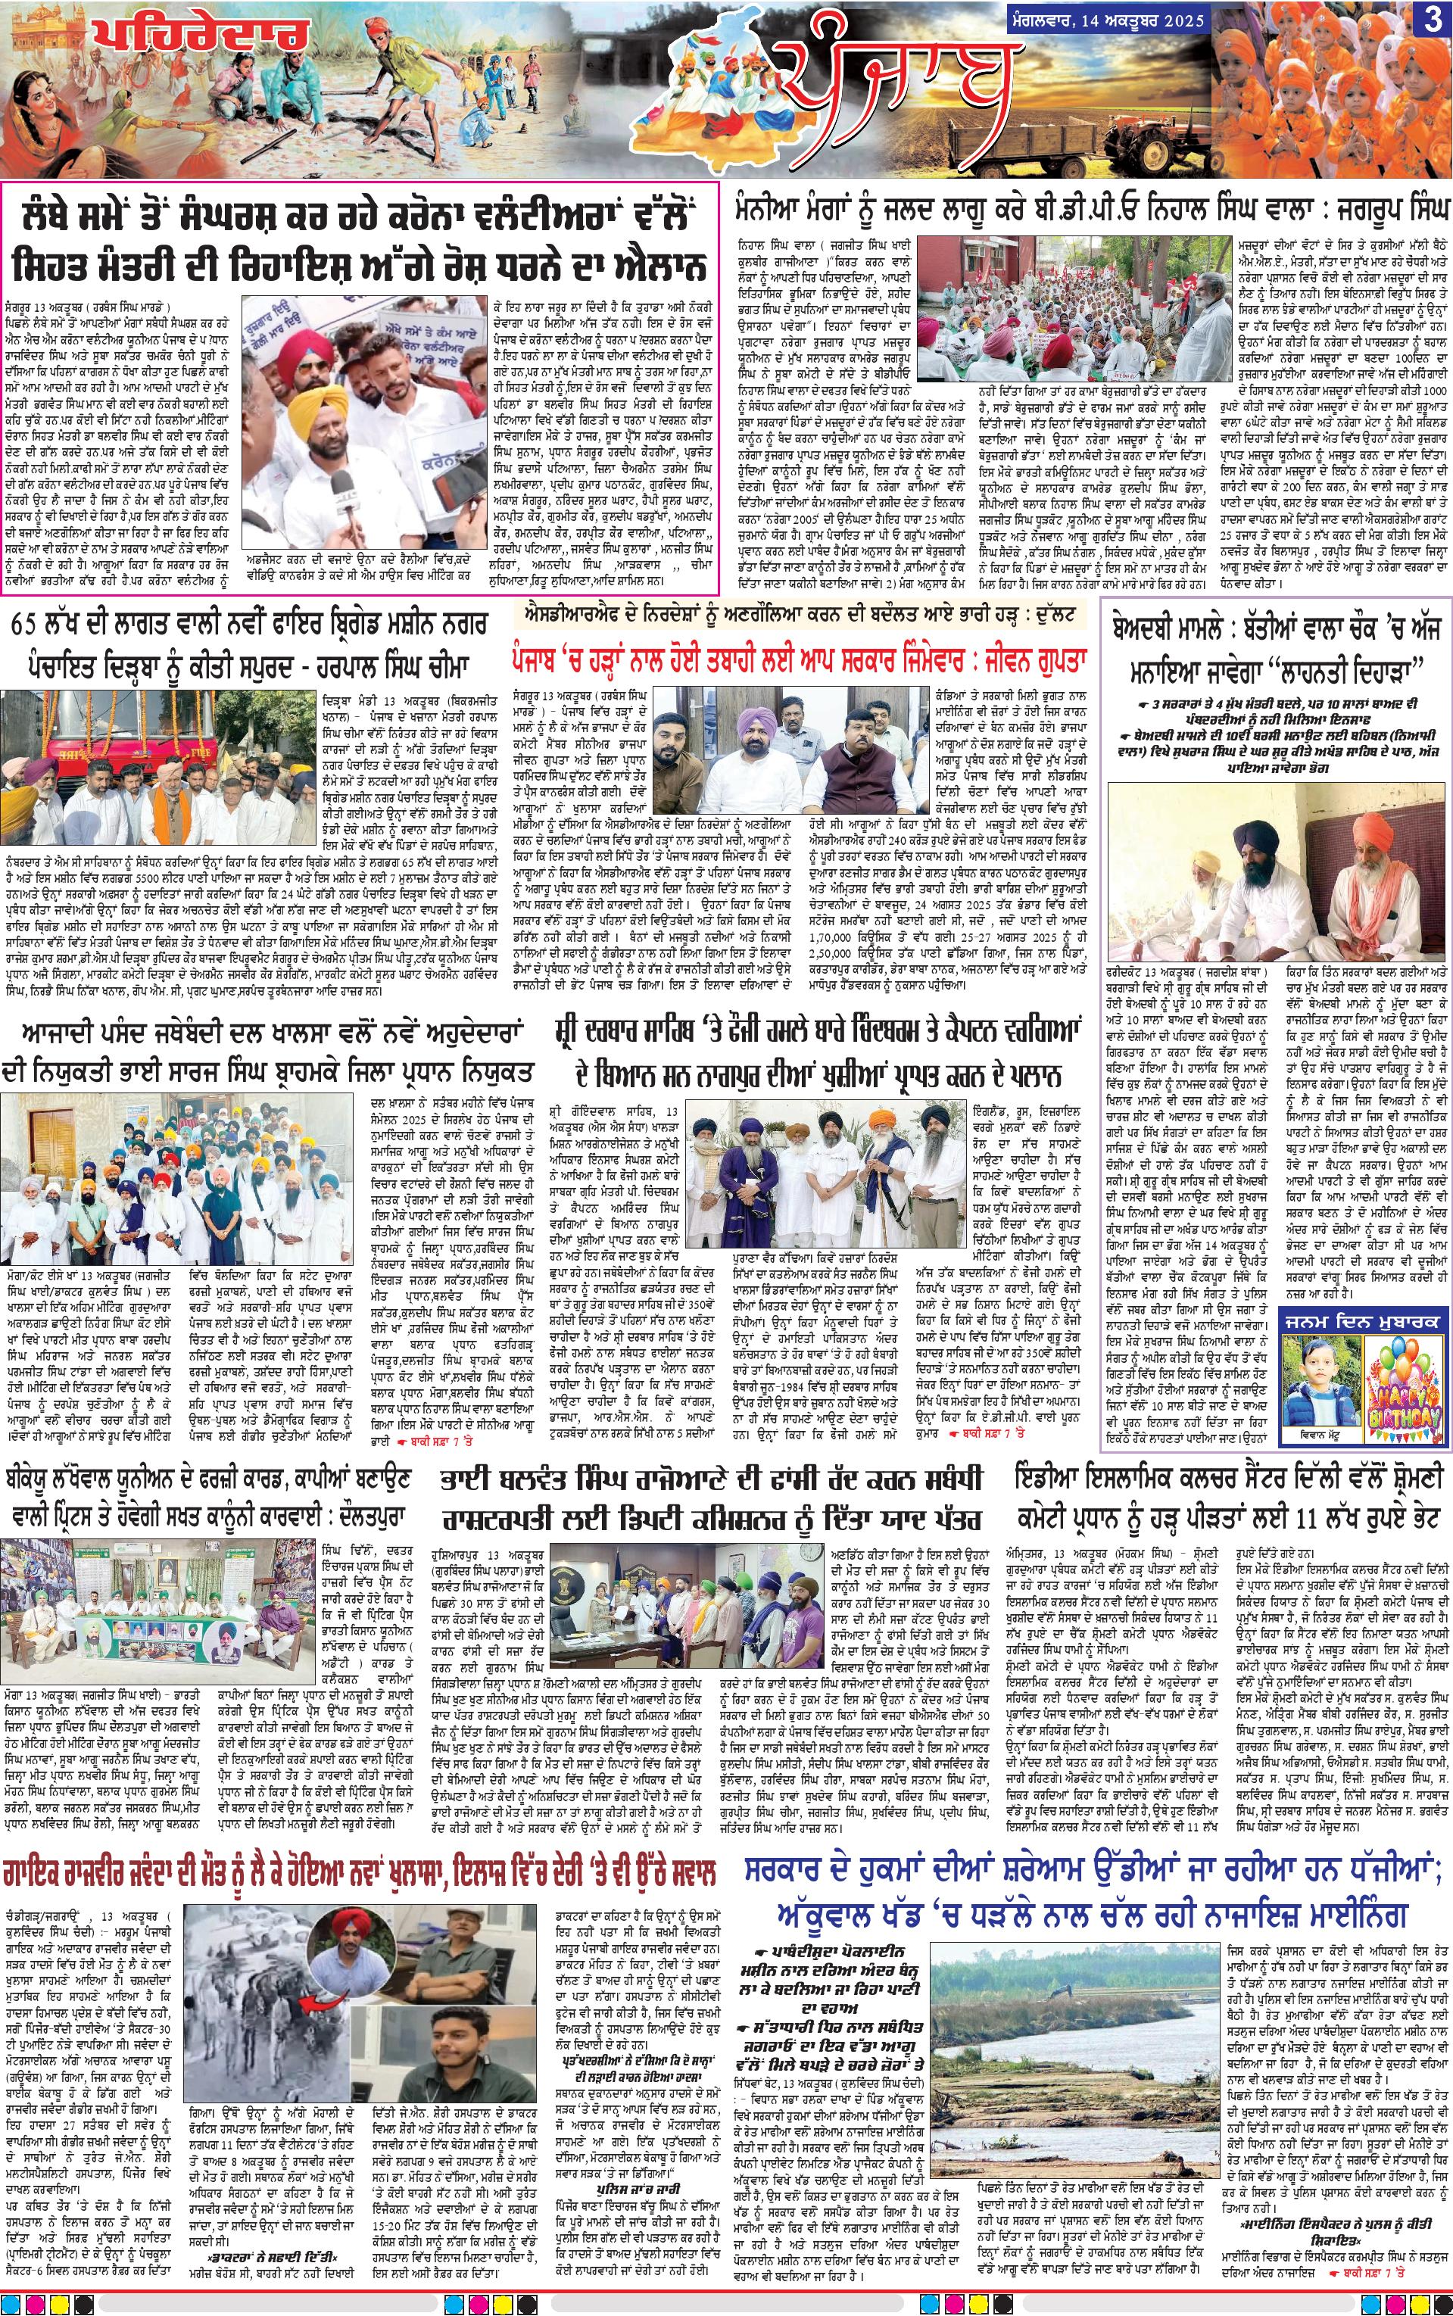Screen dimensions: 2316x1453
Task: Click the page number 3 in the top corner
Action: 1433,21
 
